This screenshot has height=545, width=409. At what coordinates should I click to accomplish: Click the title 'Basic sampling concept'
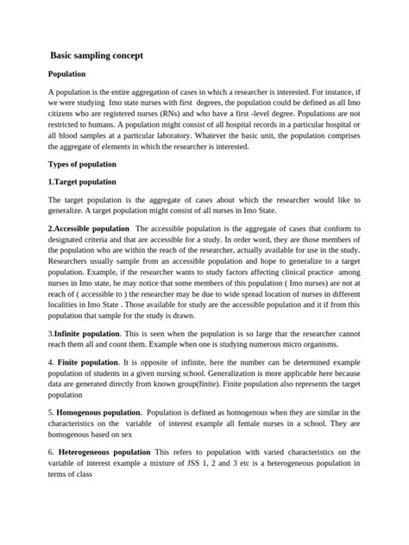click(97, 55)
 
